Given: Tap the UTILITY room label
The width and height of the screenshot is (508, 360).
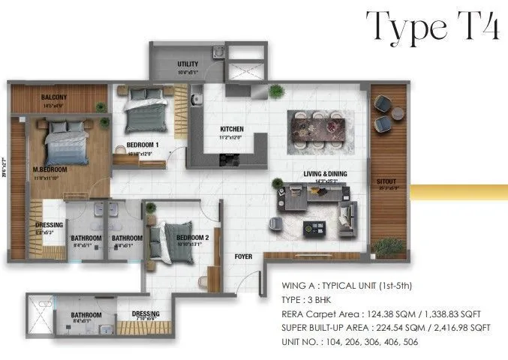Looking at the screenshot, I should [x=187, y=64].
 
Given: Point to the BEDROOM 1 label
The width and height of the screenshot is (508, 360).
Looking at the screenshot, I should [x=142, y=144].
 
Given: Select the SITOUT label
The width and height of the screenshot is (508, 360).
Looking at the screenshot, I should [x=389, y=181].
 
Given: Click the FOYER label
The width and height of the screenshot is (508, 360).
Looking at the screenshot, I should [x=243, y=256].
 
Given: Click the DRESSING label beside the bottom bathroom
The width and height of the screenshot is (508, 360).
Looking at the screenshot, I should [x=146, y=315].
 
